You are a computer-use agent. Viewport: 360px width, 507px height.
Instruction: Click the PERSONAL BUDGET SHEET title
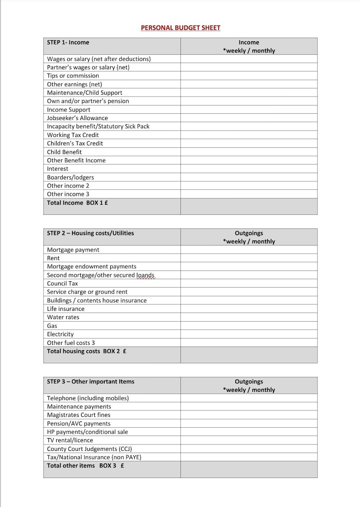180,28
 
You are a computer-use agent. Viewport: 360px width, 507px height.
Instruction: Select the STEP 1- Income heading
68,43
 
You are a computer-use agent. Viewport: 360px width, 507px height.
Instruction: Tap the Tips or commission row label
73,76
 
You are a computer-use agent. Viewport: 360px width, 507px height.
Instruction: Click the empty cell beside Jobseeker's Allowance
248,118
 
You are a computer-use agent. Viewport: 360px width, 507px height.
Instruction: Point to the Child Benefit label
64,152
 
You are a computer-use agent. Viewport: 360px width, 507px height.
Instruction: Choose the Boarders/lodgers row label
70,177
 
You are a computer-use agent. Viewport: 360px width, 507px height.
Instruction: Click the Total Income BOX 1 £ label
78,203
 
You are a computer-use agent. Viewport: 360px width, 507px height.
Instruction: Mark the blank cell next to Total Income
248,206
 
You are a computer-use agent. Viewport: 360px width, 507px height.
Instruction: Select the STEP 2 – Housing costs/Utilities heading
90,233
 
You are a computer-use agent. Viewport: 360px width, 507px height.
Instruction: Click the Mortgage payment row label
73,250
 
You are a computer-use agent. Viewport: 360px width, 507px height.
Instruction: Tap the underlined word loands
146,275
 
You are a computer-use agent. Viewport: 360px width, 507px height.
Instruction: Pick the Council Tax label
63,284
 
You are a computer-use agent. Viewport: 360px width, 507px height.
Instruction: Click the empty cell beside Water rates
248,317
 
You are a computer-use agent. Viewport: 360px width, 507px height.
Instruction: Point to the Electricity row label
60,334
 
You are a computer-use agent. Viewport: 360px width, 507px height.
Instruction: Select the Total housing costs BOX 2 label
87,352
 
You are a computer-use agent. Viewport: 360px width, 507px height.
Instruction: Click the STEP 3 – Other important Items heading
91,381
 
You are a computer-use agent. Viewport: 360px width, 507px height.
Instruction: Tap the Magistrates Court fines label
78,415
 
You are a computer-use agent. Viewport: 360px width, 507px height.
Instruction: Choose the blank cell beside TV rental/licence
248,440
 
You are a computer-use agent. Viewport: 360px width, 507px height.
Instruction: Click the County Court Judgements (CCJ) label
89,449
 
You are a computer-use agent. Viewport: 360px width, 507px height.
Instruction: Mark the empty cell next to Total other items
248,469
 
